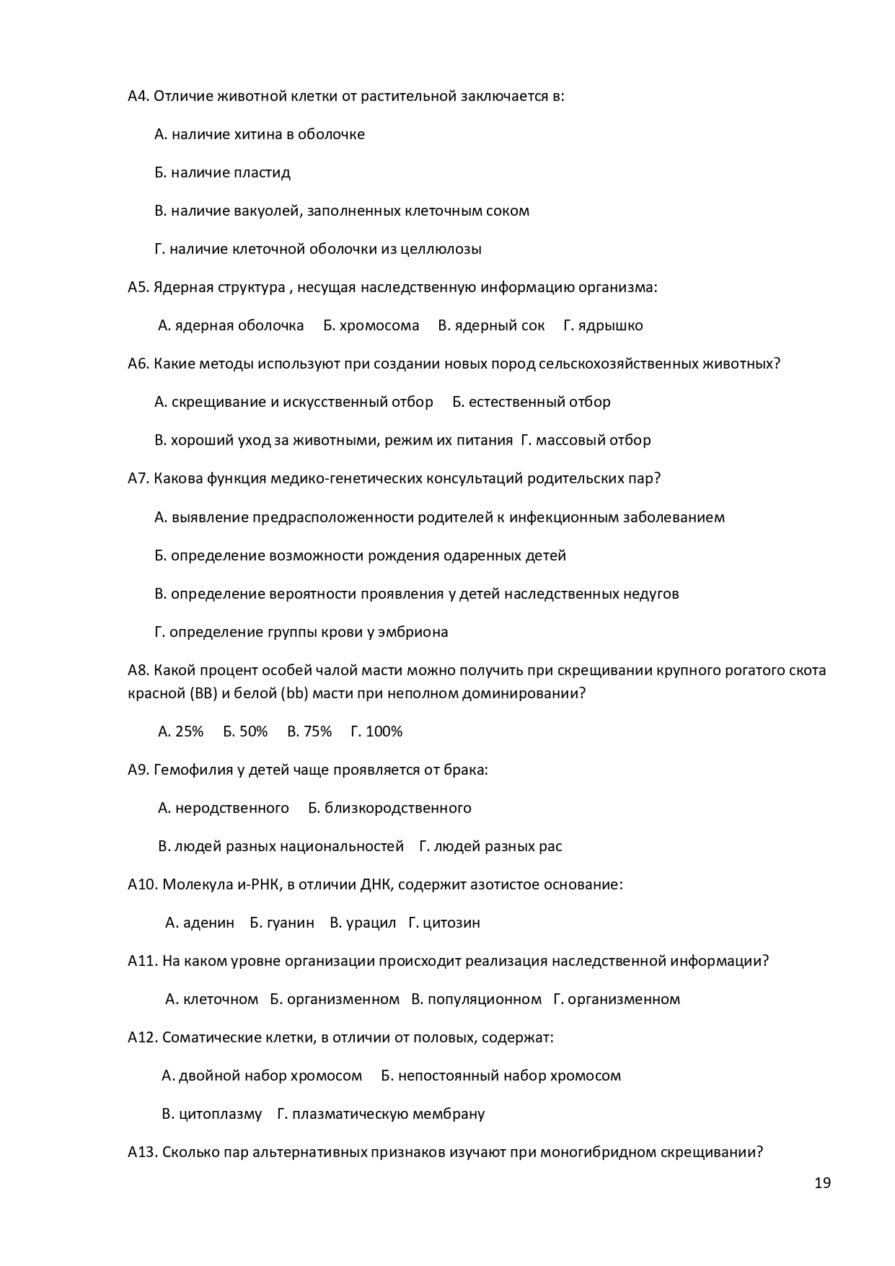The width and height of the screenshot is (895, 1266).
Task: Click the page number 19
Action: [x=822, y=1183]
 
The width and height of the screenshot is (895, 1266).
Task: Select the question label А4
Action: [x=138, y=96]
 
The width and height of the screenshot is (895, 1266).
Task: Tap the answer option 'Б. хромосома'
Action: [x=371, y=325]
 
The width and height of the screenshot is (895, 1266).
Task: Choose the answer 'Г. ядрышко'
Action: [x=603, y=325]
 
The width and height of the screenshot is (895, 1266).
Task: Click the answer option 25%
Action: [x=181, y=731]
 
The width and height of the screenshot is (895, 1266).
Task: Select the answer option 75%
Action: [x=309, y=731]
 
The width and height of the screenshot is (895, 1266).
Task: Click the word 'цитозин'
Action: [x=451, y=923]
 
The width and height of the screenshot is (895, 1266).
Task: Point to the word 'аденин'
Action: [x=209, y=923]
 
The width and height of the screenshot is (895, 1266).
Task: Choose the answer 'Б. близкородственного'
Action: [x=389, y=808]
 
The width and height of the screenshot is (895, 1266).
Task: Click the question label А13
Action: [x=142, y=1152]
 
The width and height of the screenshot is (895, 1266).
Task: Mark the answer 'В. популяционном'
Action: [x=476, y=999]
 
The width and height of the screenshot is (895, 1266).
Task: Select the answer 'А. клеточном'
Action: [x=211, y=999]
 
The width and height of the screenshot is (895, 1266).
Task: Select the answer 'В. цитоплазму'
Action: [x=211, y=1114]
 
